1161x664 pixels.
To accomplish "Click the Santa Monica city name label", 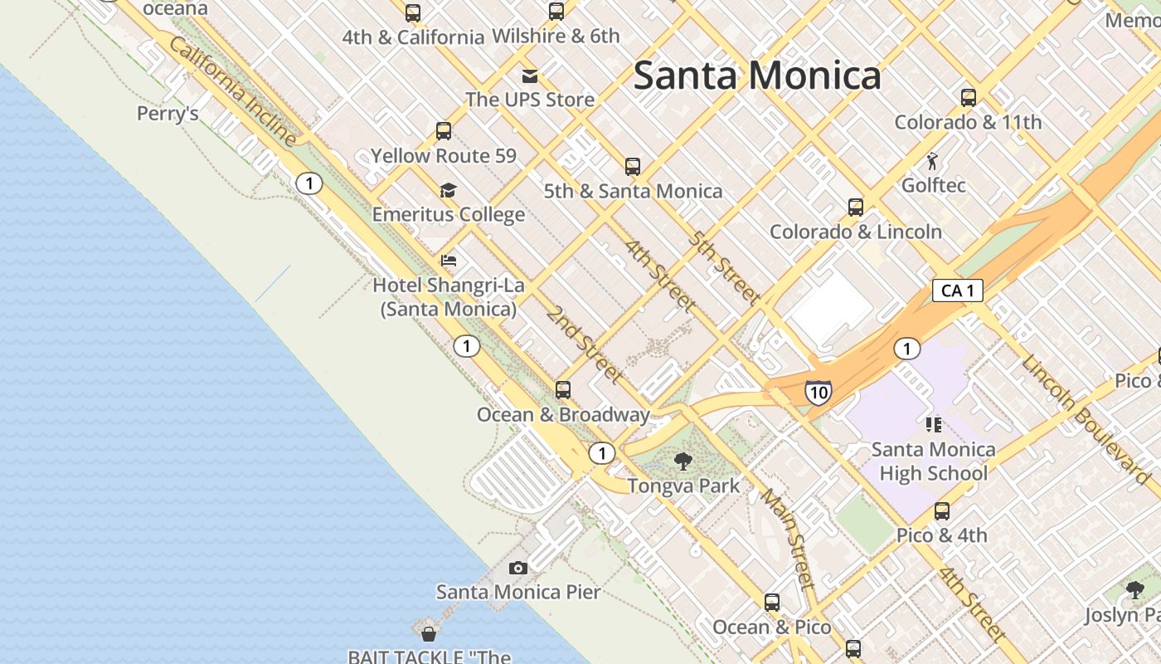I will [756, 76].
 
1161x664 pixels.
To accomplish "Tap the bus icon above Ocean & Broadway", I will [563, 389].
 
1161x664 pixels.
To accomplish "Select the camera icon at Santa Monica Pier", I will [518, 569].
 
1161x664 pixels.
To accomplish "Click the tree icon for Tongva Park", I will [683, 461].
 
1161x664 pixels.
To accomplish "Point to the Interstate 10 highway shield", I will [818, 392].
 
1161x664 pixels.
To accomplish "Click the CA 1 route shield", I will [958, 290].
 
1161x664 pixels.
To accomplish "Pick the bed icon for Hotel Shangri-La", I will [449, 261].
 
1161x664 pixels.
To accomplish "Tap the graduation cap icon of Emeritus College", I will [448, 190].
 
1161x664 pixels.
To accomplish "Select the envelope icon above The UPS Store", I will [529, 76].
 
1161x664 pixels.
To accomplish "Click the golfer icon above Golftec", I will [933, 161].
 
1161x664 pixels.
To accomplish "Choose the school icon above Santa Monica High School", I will [933, 425].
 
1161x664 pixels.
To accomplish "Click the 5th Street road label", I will [724, 267].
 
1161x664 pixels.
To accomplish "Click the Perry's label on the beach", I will [168, 114].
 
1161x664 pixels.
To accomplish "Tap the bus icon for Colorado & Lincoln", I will [856, 207].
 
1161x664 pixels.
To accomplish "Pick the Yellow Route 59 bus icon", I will [444, 131].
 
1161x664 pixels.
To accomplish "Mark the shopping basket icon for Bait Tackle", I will [429, 634].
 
